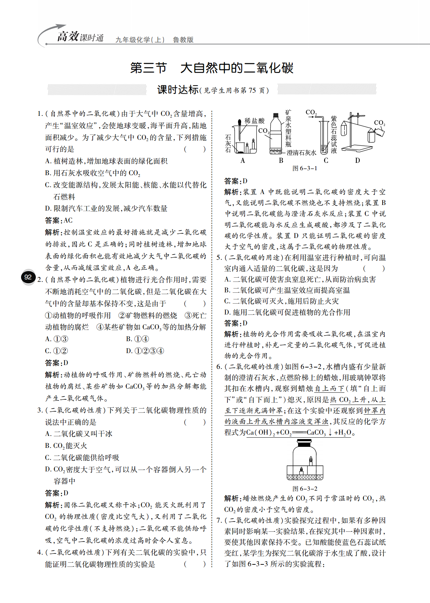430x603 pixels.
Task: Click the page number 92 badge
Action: (28, 277)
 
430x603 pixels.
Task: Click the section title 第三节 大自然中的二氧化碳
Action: (212, 68)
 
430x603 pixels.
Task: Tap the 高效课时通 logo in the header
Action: (80, 37)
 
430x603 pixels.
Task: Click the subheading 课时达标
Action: (178, 90)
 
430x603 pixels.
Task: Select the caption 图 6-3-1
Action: (305, 168)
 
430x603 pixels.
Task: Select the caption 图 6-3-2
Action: (305, 489)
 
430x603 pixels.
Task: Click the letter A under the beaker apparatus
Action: (243, 161)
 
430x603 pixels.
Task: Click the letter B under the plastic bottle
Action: (281, 161)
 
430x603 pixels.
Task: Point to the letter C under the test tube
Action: (326, 161)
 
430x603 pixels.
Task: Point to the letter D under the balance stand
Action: (357, 161)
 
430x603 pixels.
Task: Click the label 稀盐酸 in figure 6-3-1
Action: (254, 121)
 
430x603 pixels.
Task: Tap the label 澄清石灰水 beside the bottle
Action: (302, 153)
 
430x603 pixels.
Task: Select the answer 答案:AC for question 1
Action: (59, 220)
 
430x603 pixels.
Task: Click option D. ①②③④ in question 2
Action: (145, 351)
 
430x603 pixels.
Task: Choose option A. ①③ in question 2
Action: (57, 339)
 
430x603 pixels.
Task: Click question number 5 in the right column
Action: (219, 258)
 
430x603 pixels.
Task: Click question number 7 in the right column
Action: (219, 521)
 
